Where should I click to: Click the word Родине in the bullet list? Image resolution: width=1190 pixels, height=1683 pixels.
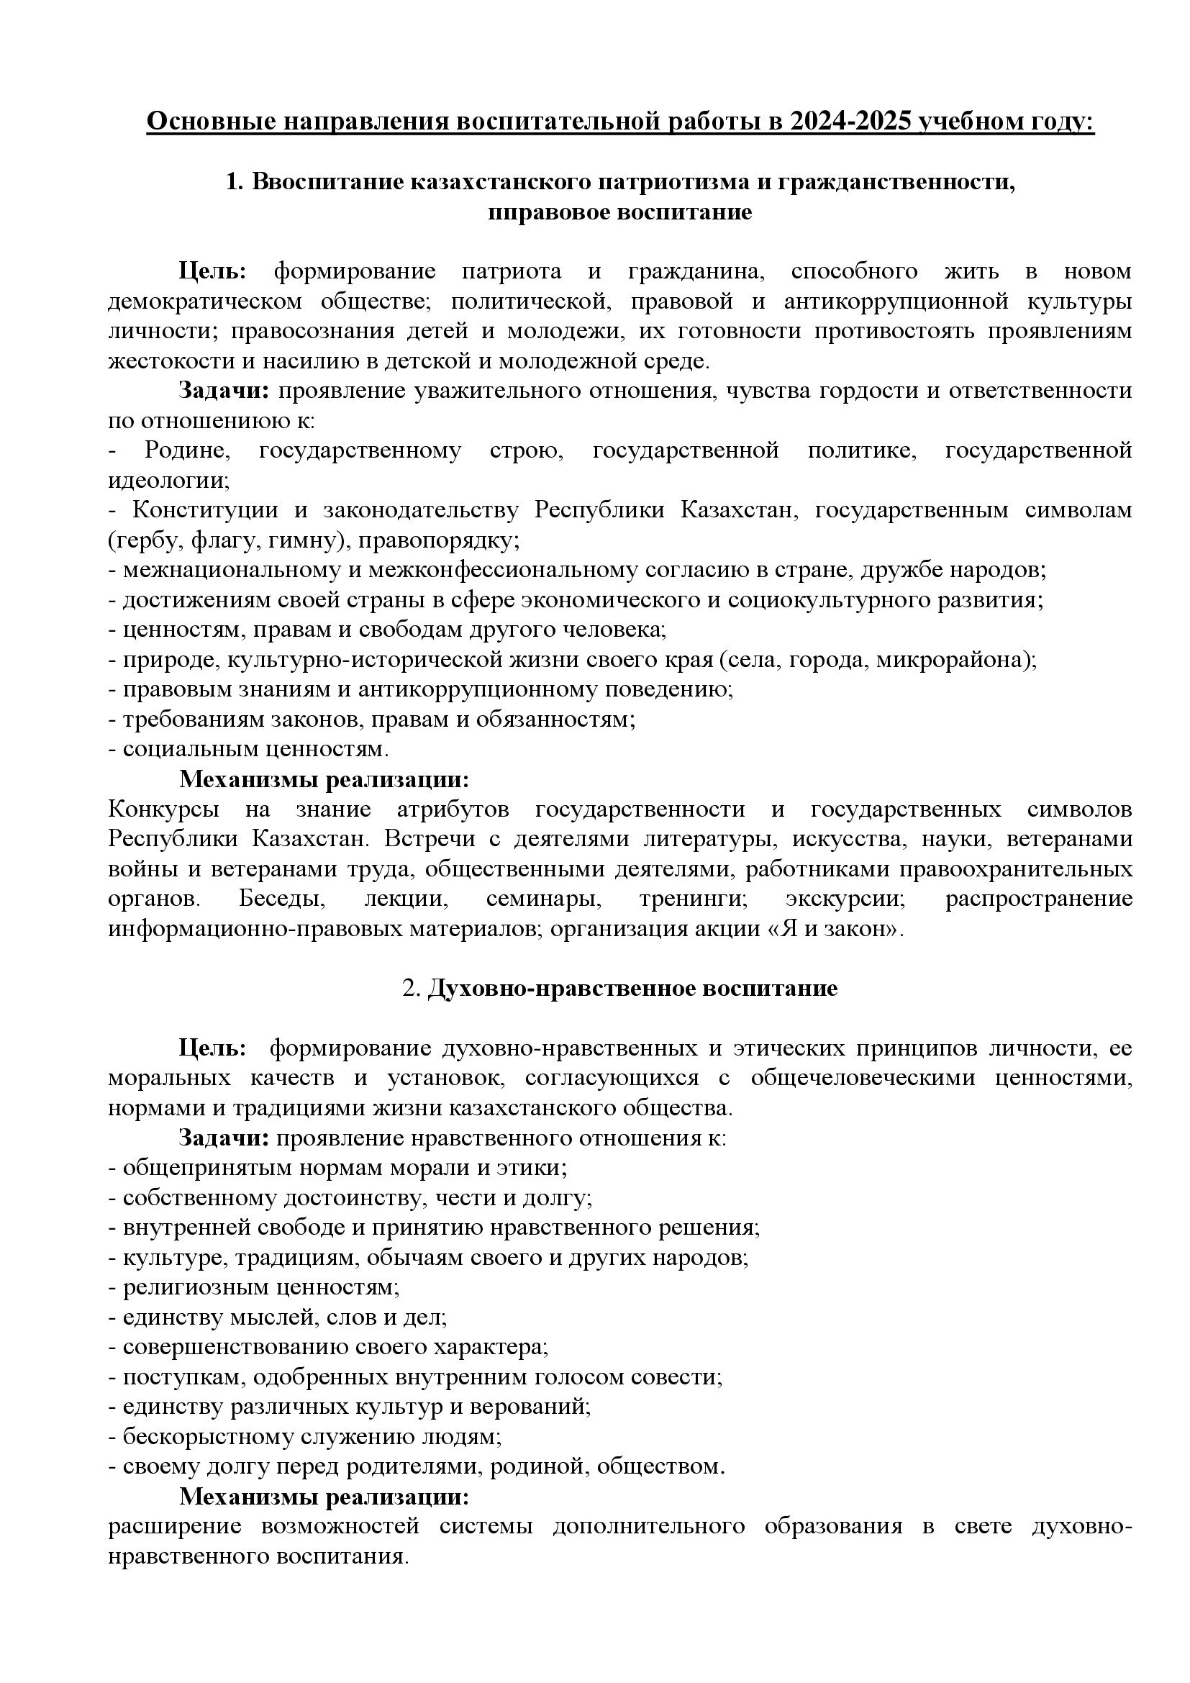(x=188, y=450)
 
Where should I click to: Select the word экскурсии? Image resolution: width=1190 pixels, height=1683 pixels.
(x=846, y=899)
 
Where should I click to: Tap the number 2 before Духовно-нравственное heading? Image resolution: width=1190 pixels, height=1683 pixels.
(x=409, y=988)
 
